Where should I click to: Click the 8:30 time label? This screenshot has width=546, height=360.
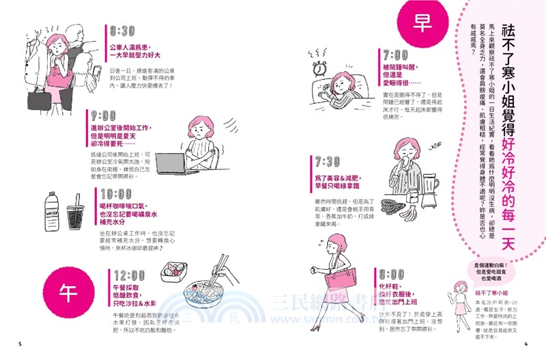pyautogui.click(x=126, y=31)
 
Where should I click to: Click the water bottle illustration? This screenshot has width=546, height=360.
pyautogui.click(x=52, y=214)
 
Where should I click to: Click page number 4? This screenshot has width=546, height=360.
pyautogui.click(x=526, y=342)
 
